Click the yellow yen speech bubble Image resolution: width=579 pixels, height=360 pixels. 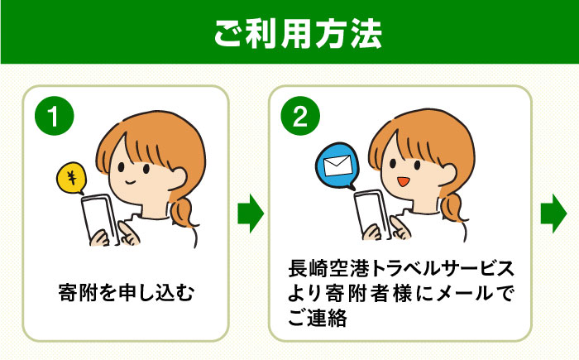point(73,176)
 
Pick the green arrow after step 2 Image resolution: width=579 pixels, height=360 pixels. point(553,214)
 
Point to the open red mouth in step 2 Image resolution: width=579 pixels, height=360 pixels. point(404,181)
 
